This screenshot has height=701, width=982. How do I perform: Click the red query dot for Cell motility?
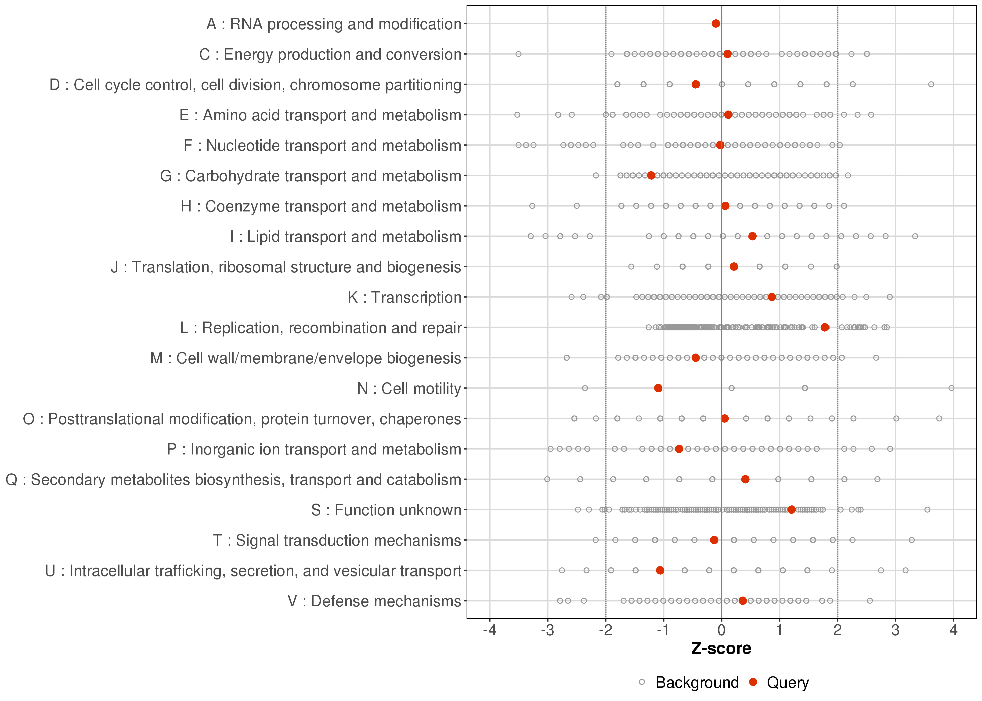click(658, 388)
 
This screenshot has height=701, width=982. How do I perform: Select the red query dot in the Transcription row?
click(772, 297)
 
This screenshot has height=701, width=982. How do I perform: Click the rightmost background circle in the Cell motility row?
click(951, 388)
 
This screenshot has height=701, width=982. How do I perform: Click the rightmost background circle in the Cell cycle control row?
click(931, 84)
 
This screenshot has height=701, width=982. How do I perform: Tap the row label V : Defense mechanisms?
click(374, 601)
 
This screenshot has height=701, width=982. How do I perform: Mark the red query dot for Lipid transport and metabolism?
click(752, 236)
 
